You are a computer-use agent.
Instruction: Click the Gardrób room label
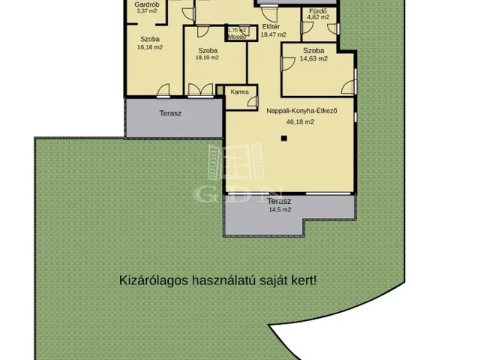pyautogui.click(x=146, y=4)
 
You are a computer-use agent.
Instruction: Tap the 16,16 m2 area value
pyautogui.click(x=150, y=46)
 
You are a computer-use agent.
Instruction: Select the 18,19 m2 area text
pyautogui.click(x=207, y=57)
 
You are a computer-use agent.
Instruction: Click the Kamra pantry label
pyautogui.click(x=240, y=92)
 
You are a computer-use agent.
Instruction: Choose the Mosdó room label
pyautogui.click(x=237, y=36)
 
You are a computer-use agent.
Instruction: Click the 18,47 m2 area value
pyautogui.click(x=273, y=34)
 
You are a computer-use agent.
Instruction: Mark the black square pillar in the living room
pyautogui.click(x=283, y=138)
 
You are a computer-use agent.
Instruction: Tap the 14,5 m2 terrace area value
pyautogui.click(x=281, y=210)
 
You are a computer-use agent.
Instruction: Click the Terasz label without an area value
pyautogui.click(x=170, y=114)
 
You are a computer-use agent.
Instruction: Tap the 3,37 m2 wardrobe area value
pyautogui.click(x=146, y=11)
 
